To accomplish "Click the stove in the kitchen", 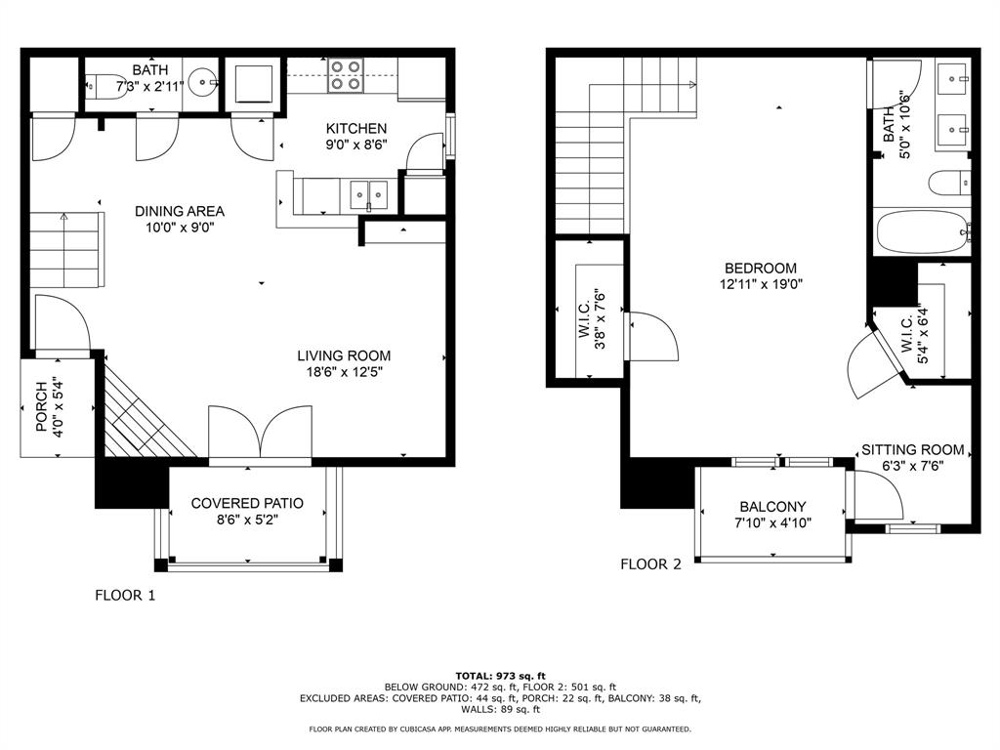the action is tap(346, 75).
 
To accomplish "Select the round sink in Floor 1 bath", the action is tap(205, 82).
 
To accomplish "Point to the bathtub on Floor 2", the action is tap(923, 232).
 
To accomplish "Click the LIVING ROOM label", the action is tap(344, 355).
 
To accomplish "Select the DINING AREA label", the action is tap(180, 211).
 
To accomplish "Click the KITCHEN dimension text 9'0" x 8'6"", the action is tap(356, 145).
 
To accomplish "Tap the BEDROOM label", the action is tap(760, 268).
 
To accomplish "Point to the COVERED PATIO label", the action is tap(247, 503).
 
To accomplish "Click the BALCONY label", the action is tap(772, 507).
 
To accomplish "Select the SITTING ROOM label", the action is tap(913, 449).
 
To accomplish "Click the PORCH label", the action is tap(41, 406).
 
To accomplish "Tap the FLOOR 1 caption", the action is tap(125, 595).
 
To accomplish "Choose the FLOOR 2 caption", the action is tap(650, 563).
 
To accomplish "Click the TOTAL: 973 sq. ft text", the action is tap(500, 676).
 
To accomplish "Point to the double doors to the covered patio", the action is tap(260, 434).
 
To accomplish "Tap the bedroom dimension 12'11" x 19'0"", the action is tap(760, 284).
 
